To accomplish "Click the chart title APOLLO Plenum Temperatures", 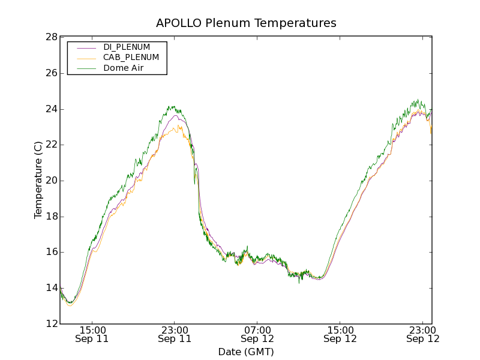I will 246,23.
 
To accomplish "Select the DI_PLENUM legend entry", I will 127,47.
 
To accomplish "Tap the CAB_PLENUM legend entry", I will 131,58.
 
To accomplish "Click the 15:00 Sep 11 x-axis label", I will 92,334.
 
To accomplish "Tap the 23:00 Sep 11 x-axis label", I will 175,334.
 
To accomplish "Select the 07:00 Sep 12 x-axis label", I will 257,334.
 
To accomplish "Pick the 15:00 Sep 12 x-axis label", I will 340,334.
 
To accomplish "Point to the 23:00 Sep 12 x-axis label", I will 422,334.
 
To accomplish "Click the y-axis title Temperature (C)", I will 38,180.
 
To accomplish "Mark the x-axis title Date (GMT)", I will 246,352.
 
